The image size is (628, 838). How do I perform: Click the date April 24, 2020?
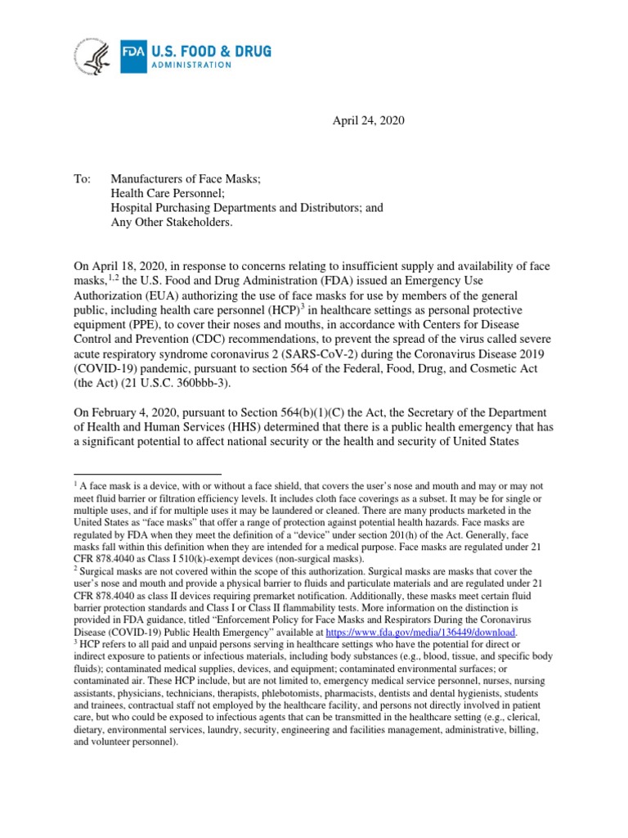[x=367, y=121]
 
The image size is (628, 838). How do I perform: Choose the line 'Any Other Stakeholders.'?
[x=173, y=222]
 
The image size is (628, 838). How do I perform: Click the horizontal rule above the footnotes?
[x=147, y=474]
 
